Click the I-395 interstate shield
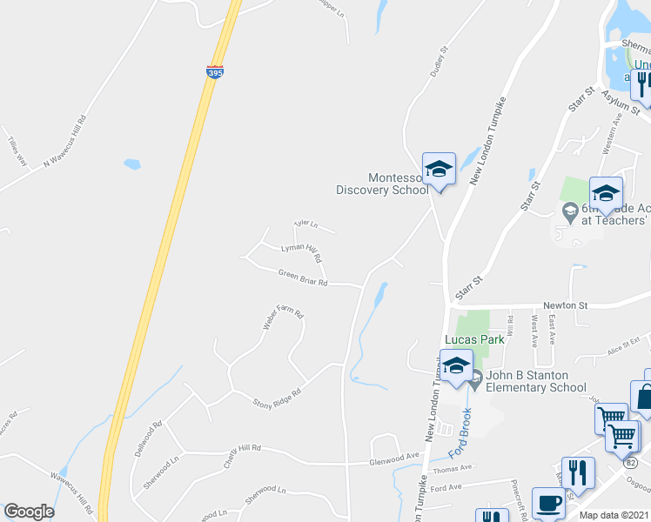pyautogui.click(x=215, y=71)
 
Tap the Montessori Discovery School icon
pyautogui.click(x=439, y=170)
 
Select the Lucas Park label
pyautogui.click(x=474, y=339)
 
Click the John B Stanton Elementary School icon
pyautogui.click(x=455, y=366)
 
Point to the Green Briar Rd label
pyautogui.click(x=303, y=278)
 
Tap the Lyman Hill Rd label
pyautogui.click(x=301, y=252)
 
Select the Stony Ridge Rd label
pyautogui.click(x=276, y=397)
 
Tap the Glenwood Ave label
pyautogui.click(x=394, y=455)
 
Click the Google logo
pyautogui.click(x=29, y=512)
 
